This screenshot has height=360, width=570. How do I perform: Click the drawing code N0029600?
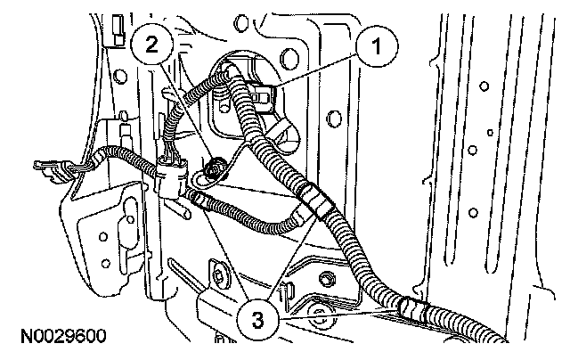click(x=61, y=337)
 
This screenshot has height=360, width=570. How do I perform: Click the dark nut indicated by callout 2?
click(x=216, y=167)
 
